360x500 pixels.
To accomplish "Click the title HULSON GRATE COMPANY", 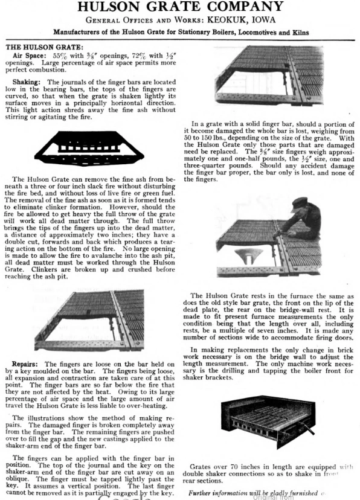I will tap(179, 7).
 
